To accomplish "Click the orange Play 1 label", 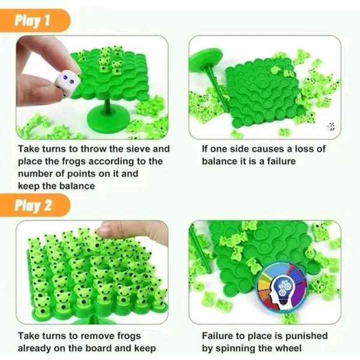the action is (34, 20).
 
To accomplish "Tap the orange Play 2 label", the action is (34, 205).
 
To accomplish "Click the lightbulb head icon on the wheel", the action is (283, 290).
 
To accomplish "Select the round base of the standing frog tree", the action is (108, 121).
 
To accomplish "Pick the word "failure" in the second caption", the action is (281, 161).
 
